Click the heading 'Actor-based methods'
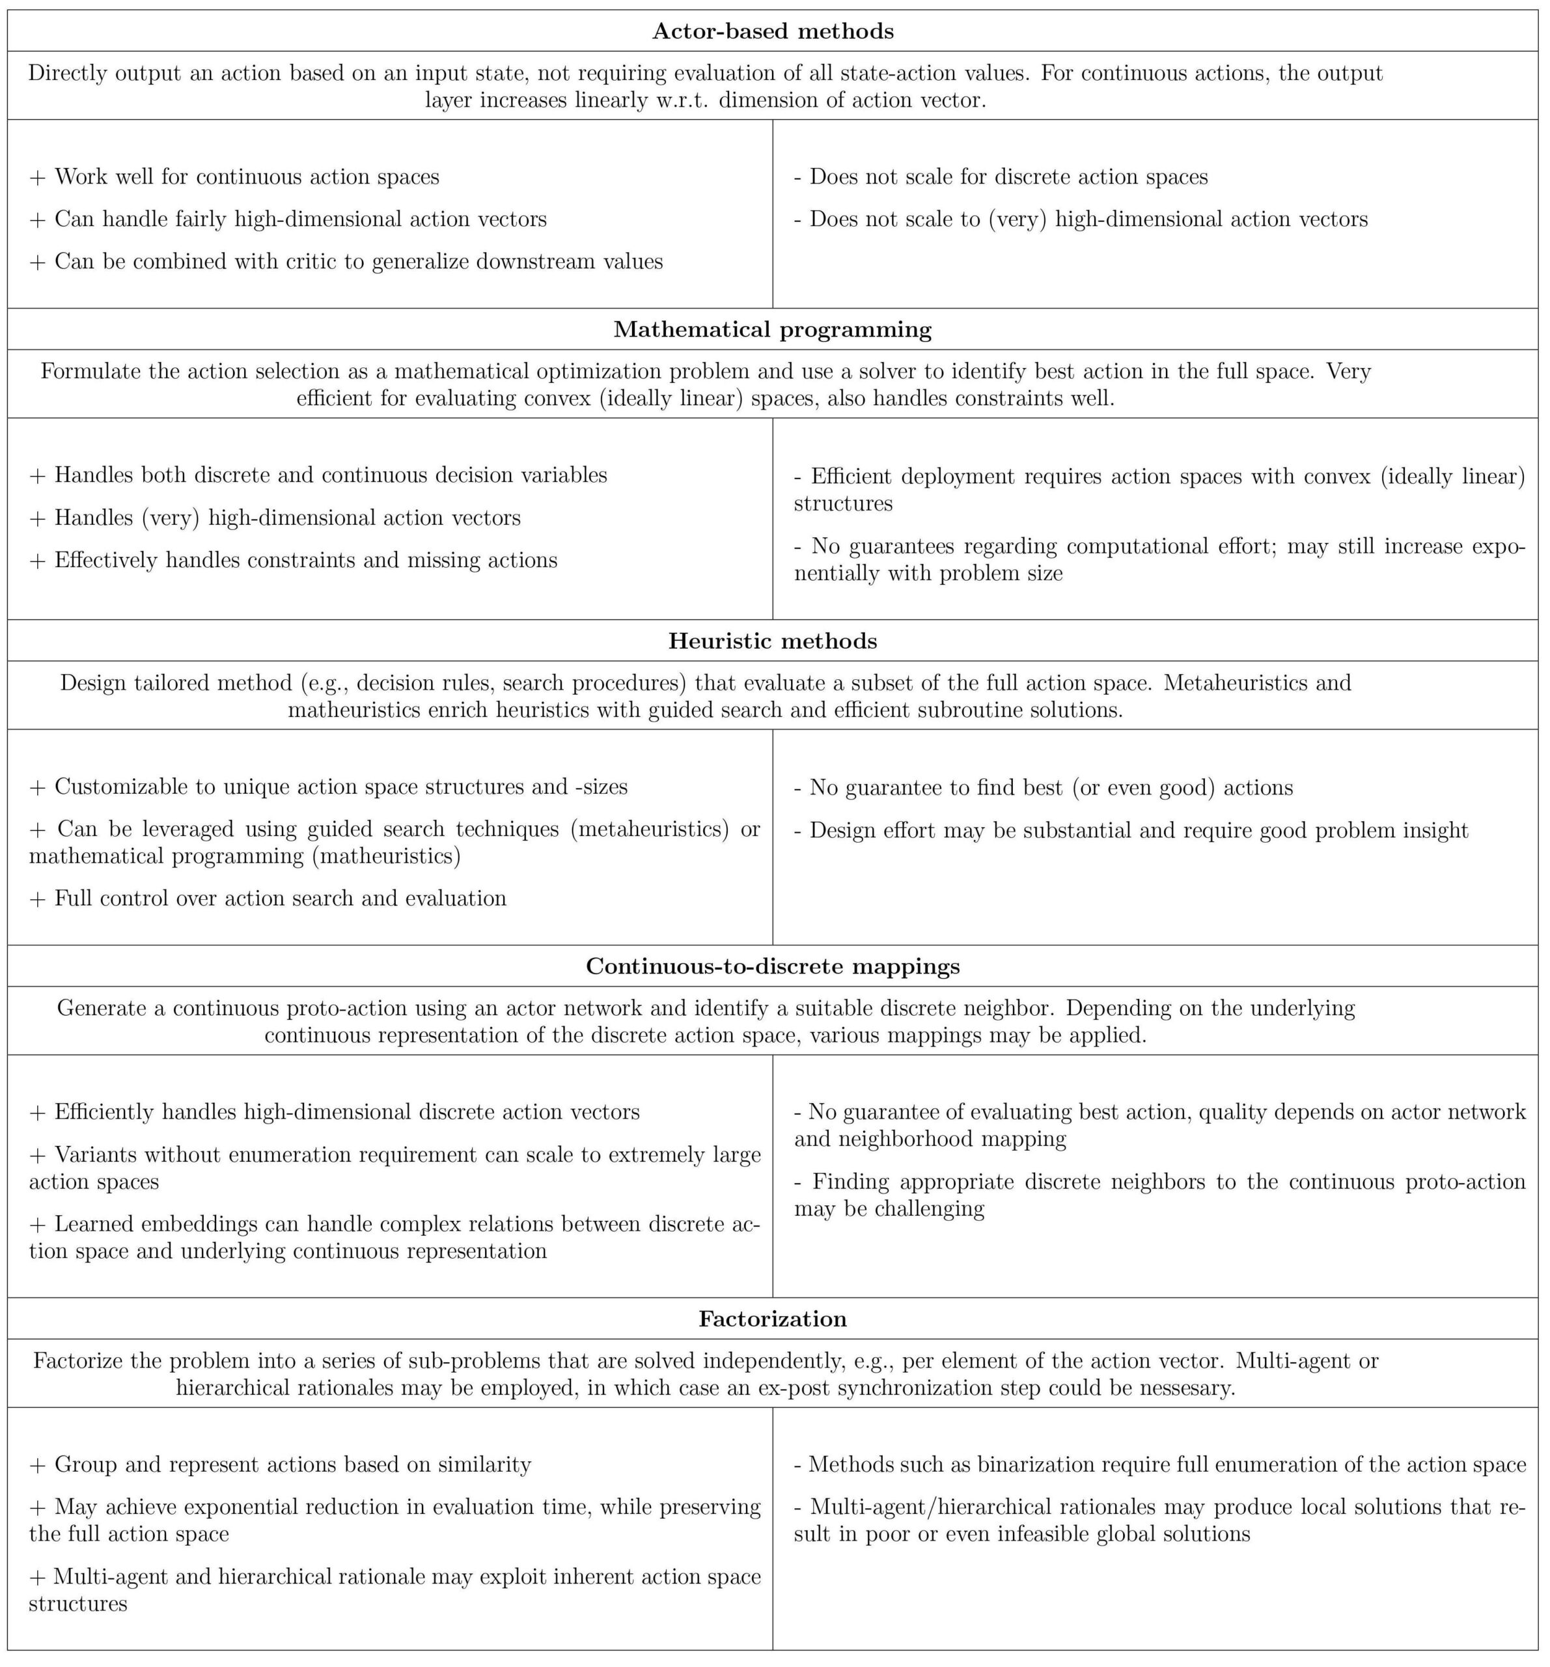(x=772, y=32)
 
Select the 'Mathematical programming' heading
(x=772, y=329)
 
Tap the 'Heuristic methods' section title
(x=772, y=641)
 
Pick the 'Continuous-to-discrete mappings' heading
(x=772, y=967)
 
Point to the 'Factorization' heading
(x=772, y=1319)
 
